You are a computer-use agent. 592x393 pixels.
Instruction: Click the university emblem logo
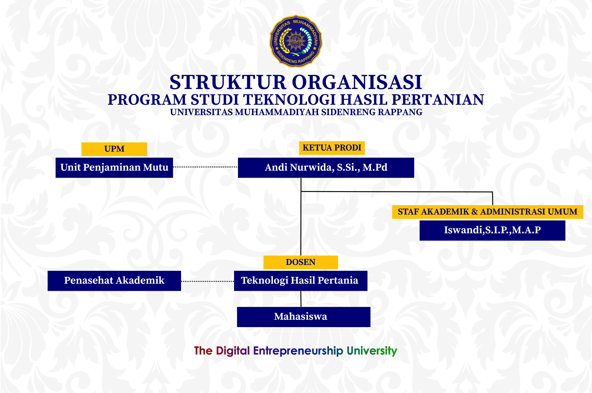pyautogui.click(x=296, y=41)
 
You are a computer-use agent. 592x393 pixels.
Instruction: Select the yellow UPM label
pyautogui.click(x=114, y=149)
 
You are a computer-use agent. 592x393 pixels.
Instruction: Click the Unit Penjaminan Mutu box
pyautogui.click(x=114, y=168)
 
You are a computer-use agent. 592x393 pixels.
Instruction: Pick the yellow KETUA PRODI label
pyautogui.click(x=332, y=148)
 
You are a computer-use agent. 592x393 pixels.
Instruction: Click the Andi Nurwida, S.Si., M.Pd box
pyautogui.click(x=326, y=168)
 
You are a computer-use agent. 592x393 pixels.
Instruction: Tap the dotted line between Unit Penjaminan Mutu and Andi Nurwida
pyautogui.click(x=205, y=167)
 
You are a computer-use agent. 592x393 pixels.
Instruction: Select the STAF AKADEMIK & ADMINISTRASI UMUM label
pyautogui.click(x=487, y=212)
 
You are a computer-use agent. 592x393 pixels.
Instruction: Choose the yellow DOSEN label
pyautogui.click(x=301, y=262)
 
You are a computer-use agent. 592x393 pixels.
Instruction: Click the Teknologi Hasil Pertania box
pyautogui.click(x=301, y=281)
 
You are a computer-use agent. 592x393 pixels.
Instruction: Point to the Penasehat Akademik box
pyautogui.click(x=114, y=281)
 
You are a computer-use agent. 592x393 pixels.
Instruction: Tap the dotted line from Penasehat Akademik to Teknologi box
pyautogui.click(x=207, y=281)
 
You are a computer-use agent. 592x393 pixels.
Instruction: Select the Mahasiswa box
pyautogui.click(x=303, y=317)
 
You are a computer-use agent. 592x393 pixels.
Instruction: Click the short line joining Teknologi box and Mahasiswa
pyautogui.click(x=301, y=299)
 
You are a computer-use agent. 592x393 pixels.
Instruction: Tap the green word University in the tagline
pyautogui.click(x=372, y=351)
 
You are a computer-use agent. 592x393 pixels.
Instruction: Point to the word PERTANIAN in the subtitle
pyautogui.click(x=438, y=100)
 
